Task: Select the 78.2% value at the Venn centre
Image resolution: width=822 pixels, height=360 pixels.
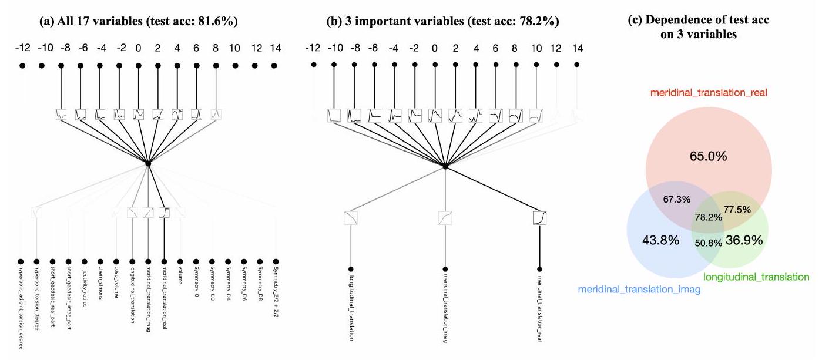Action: (709, 216)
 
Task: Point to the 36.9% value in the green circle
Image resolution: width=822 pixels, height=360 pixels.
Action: (741, 240)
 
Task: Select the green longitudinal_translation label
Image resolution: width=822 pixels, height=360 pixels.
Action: (756, 276)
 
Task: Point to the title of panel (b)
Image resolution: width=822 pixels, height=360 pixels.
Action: (442, 22)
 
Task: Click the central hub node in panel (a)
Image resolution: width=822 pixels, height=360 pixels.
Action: (148, 163)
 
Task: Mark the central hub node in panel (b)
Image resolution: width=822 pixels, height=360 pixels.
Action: (445, 167)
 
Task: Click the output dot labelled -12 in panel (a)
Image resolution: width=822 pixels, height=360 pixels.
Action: (22, 66)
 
